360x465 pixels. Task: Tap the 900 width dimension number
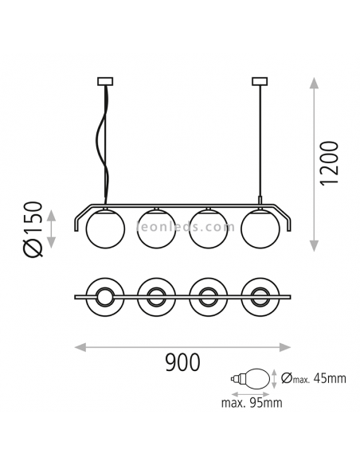point(182,364)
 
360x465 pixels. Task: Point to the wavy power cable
point(101,143)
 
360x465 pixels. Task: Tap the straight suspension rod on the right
point(258,143)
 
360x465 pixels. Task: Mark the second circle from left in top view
point(157,299)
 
